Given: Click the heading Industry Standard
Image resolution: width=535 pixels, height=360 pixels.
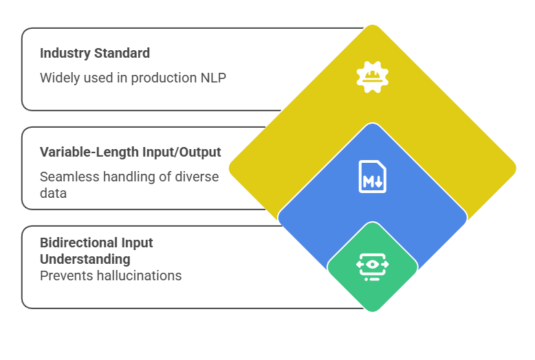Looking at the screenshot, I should pos(95,53).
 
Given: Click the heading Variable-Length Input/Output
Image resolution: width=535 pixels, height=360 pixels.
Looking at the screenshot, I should pos(131,152).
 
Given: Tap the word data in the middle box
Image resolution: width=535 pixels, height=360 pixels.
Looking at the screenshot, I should pos(53,193).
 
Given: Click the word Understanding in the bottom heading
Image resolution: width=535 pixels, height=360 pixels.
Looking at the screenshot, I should pos(85,259).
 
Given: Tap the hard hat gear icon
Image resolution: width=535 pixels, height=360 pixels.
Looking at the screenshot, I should pos(372,77).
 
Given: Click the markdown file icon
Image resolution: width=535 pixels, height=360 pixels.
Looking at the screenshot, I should pos(372,176).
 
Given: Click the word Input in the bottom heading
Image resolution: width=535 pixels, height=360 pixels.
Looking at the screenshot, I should pos(137,243).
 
